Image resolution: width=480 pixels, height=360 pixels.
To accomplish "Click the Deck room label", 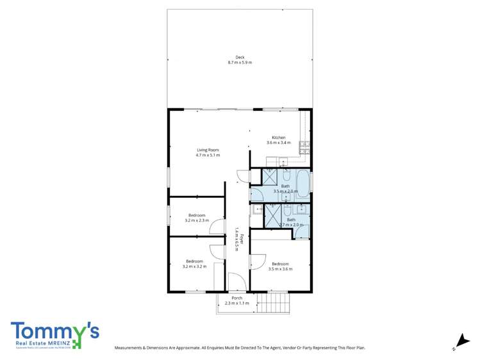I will pos(240,58).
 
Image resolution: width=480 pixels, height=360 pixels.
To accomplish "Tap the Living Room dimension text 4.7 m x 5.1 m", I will pos(208,155).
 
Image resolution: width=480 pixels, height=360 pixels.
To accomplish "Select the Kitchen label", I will pos(278,138).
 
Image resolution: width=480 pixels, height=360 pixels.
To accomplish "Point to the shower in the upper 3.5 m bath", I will pos(270,177).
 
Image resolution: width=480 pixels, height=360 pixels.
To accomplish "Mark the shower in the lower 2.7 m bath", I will pos(274,217).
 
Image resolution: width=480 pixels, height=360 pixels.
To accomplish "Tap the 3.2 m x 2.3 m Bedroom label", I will pos(197,215).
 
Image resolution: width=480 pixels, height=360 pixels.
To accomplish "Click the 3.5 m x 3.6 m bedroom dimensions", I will pos(281,269).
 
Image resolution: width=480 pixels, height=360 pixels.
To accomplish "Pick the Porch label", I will pos(237,298).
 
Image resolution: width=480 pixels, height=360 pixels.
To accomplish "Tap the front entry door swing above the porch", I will pos(236,282).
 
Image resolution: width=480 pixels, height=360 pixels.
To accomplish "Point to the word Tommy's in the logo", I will pos(54,331).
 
